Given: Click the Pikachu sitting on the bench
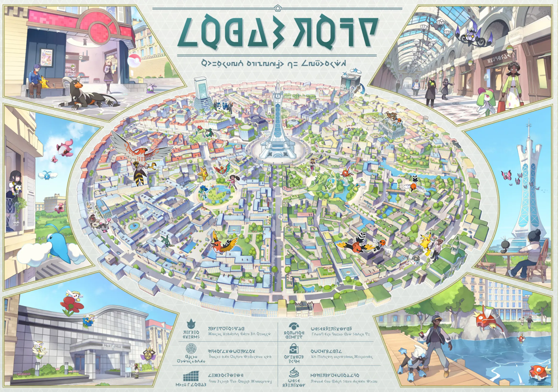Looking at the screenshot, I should coord(44,82).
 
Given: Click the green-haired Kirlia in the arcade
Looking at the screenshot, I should coord(487,101).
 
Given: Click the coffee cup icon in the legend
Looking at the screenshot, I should coord(294,372).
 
